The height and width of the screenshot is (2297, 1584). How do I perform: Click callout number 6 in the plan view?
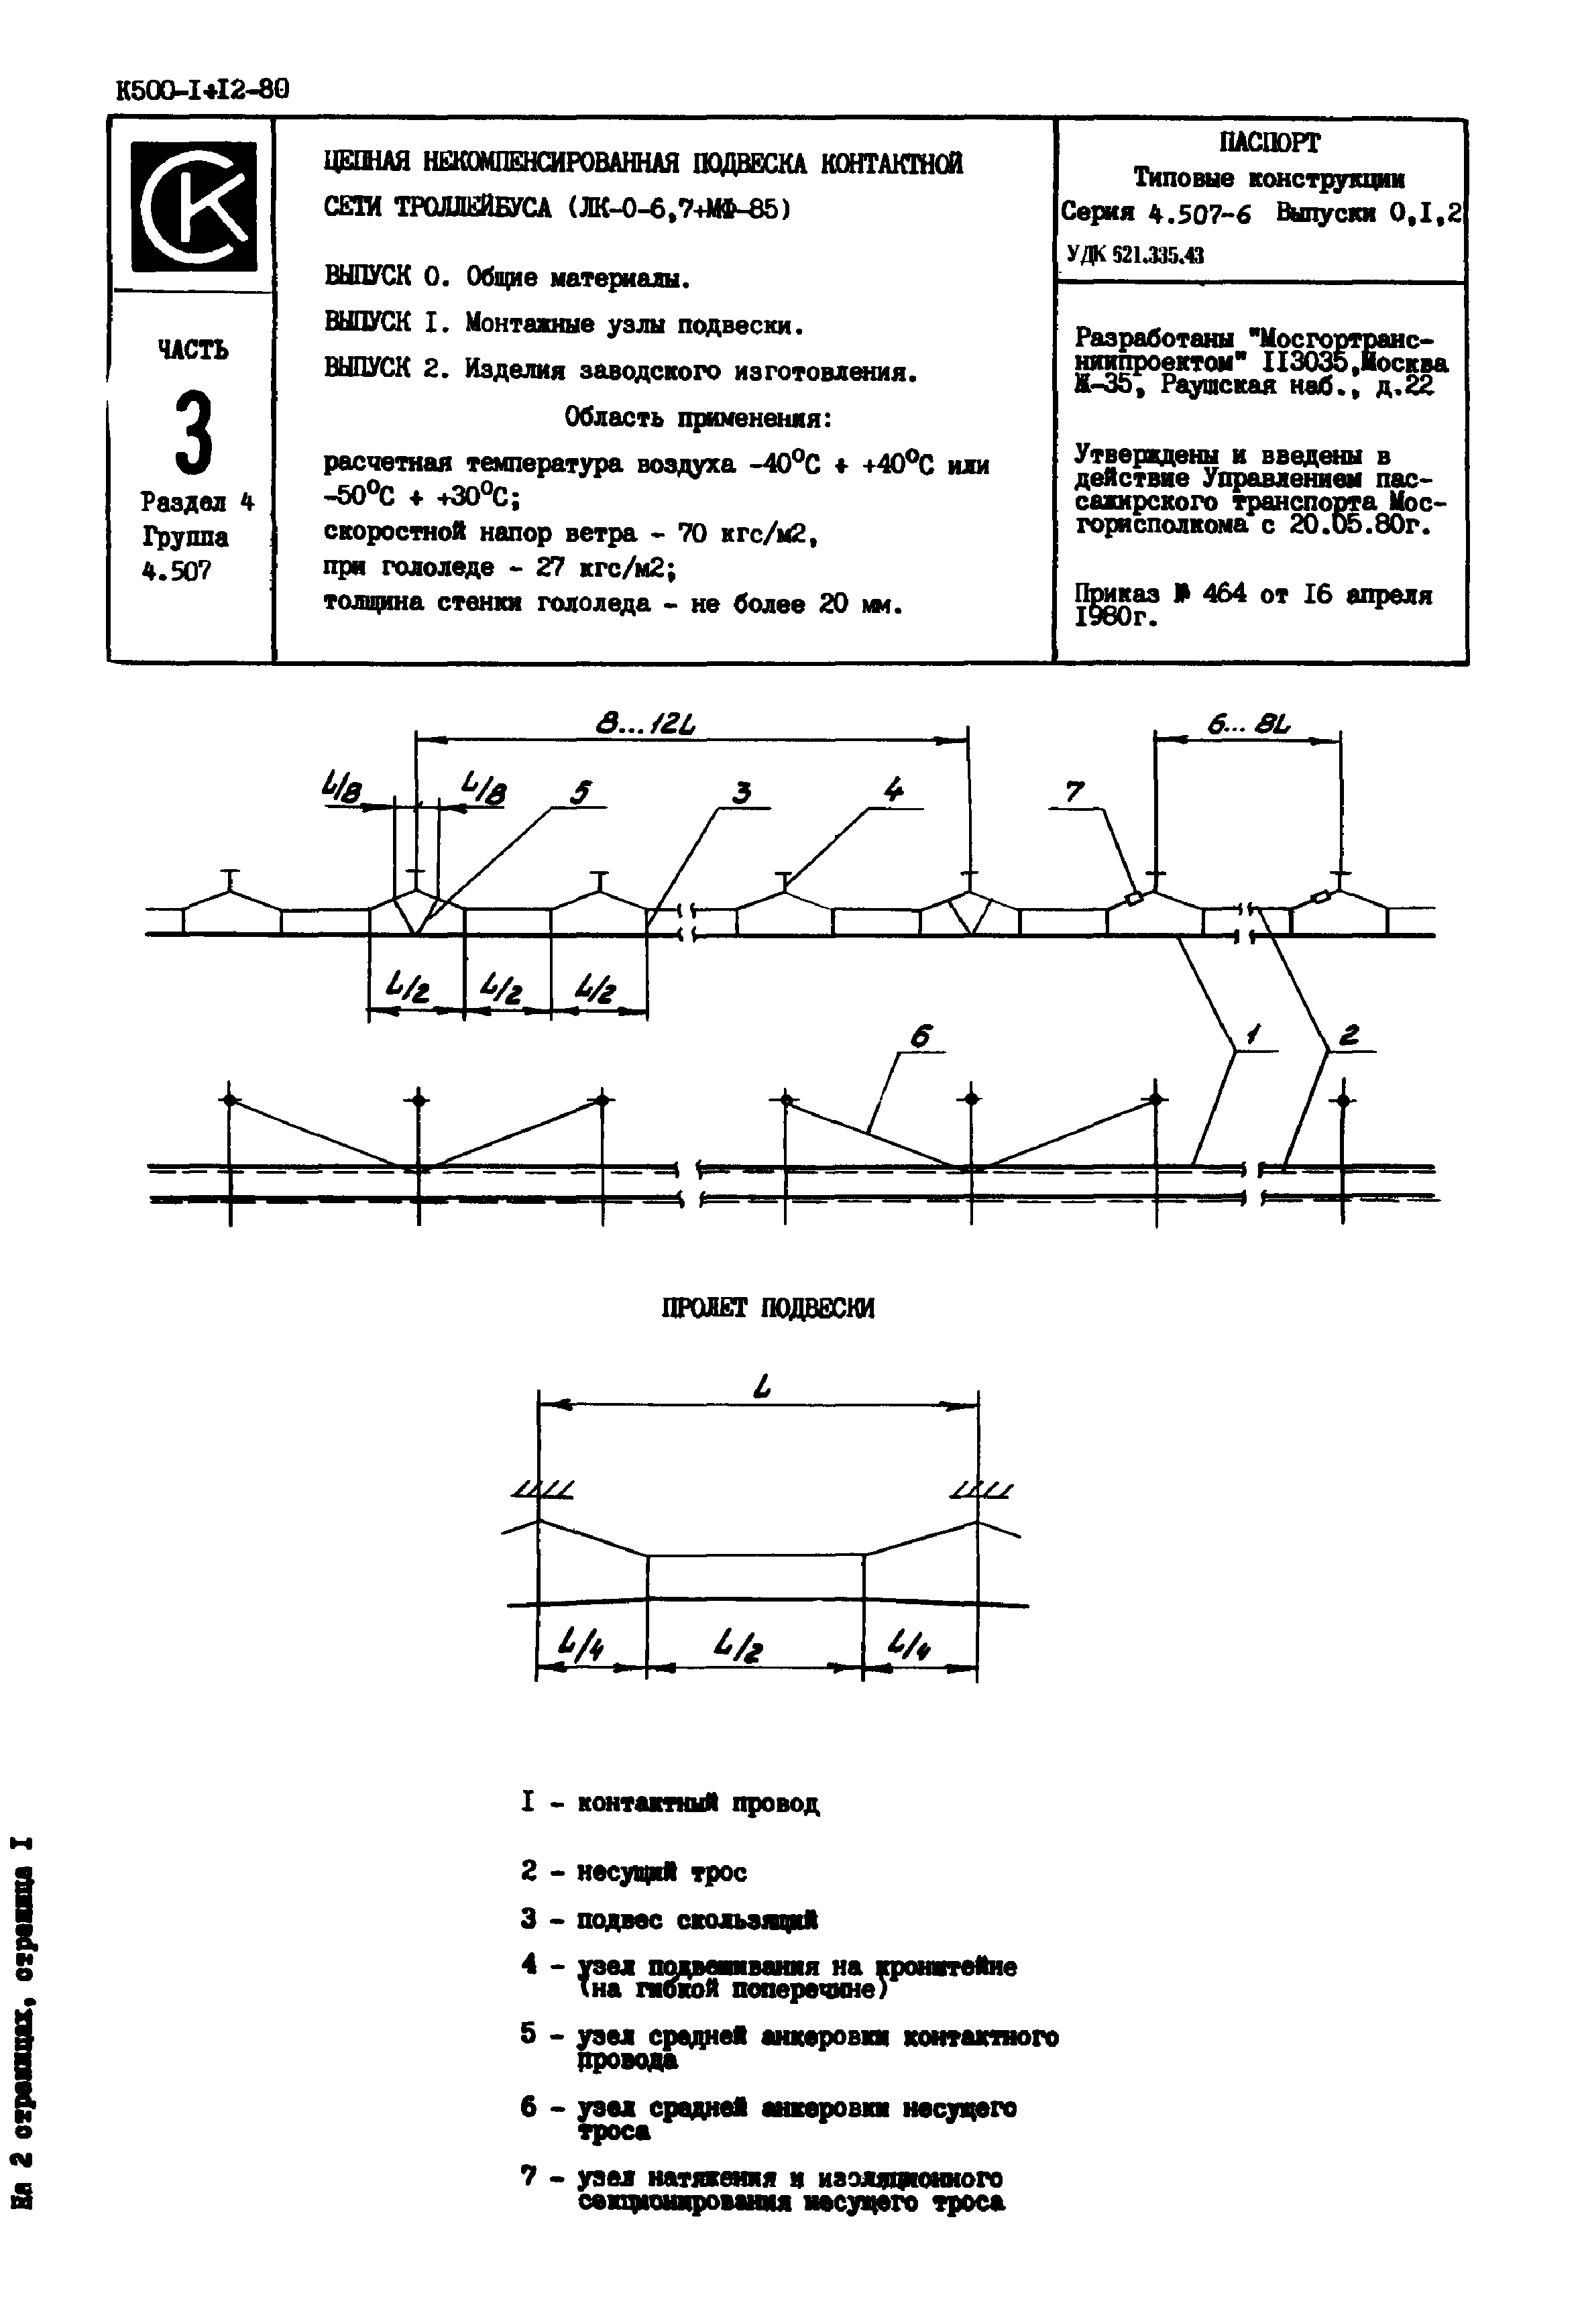[x=921, y=1038]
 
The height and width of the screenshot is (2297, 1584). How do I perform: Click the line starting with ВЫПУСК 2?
[x=620, y=370]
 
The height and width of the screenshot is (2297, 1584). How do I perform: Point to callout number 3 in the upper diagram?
[x=742, y=792]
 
